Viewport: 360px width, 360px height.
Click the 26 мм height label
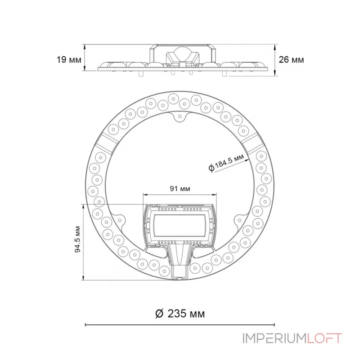tap(291, 59)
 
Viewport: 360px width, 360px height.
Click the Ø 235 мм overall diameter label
tap(180, 314)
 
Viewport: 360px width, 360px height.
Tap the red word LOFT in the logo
tap(325, 338)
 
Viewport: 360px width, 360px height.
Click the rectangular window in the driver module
tap(180, 225)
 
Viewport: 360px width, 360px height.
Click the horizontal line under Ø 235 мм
tap(180, 324)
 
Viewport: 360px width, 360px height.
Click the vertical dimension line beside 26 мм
tap(275, 59)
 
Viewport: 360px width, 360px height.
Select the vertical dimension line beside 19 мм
tap(85, 57)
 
